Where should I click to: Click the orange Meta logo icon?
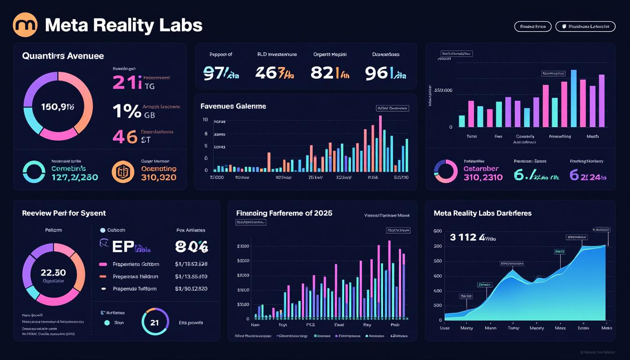pos(25,25)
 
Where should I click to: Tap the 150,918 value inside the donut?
pos(58,107)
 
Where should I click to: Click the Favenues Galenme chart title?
pos(233,106)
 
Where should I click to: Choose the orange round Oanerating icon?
pos(123,172)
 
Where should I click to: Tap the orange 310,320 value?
pos(158,178)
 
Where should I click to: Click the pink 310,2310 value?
pos(483,177)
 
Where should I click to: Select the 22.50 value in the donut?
pos(53,272)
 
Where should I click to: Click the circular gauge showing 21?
pos(155,322)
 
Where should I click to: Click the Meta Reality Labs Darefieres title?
pos(482,213)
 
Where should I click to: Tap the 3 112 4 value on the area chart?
pos(466,237)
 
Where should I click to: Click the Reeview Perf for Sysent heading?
pos(64,213)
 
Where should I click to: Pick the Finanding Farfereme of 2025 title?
pos(284,213)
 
